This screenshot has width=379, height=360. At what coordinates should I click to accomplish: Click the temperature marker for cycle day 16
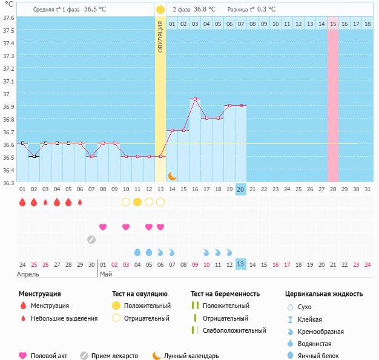[195, 99]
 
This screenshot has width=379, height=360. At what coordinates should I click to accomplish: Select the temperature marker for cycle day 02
[34, 156]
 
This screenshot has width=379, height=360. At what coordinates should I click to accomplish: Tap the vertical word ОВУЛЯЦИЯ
[160, 36]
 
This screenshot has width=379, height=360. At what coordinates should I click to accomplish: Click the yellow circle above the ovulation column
[160, 10]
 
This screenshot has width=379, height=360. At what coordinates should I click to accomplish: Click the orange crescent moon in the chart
[173, 175]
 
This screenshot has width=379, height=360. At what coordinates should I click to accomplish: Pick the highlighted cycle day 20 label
[241, 189]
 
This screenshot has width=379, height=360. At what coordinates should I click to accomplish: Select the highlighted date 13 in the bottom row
[241, 264]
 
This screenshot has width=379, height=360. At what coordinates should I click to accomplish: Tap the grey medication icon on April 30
[91, 239]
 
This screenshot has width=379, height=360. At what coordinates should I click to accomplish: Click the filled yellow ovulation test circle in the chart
[137, 201]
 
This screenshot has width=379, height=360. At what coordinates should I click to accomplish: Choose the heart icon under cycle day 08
[103, 227]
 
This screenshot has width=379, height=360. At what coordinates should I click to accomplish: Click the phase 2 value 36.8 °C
[205, 10]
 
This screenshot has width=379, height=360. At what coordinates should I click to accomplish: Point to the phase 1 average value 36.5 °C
[95, 10]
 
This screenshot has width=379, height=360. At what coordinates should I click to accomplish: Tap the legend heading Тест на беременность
[225, 294]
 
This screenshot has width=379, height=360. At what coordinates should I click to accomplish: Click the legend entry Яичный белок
[323, 356]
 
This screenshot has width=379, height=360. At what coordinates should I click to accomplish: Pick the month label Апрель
[28, 274]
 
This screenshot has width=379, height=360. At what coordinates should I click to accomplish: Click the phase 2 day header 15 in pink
[334, 24]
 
